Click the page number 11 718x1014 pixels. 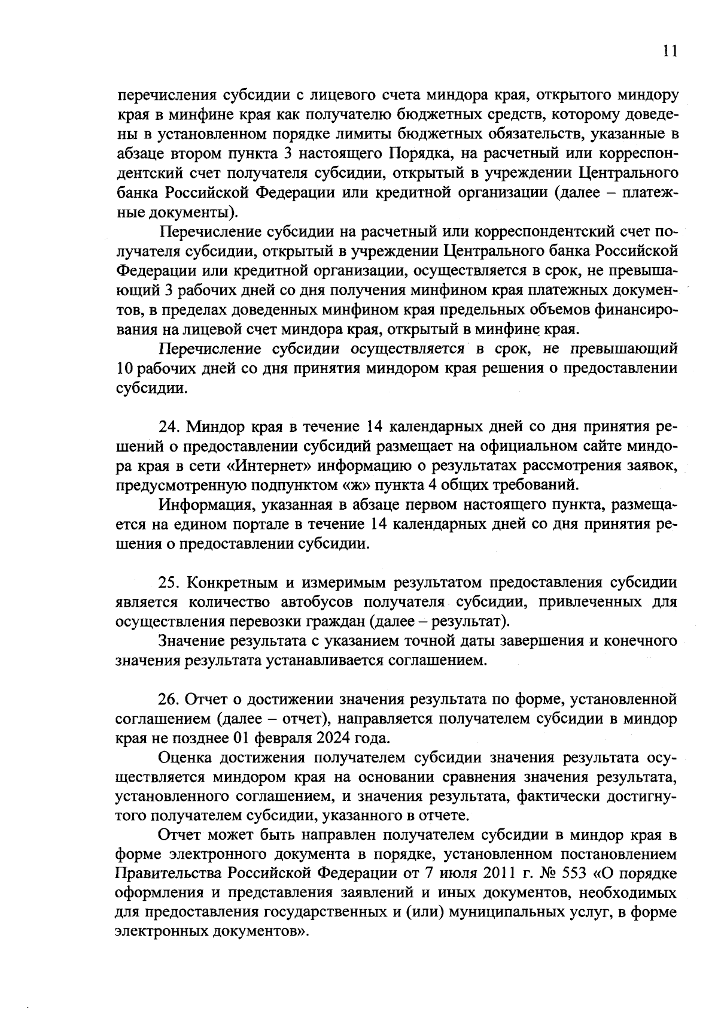click(670, 52)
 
